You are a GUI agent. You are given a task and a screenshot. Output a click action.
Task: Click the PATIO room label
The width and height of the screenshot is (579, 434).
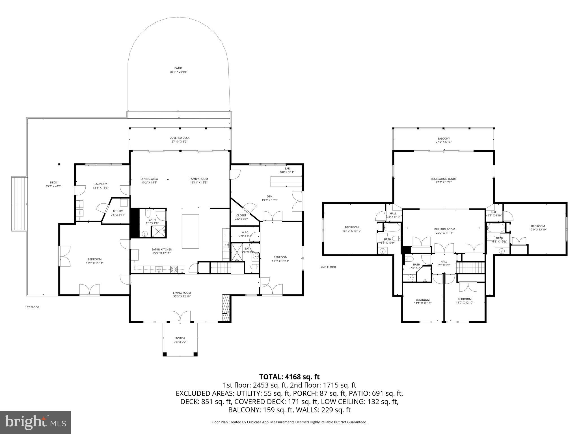(178, 68)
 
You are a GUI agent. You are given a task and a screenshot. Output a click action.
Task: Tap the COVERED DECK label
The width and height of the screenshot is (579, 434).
(180, 138)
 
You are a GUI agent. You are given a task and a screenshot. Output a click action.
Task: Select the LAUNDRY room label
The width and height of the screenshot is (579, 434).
(101, 184)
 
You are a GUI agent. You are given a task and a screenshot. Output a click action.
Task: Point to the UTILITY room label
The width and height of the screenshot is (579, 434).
(118, 211)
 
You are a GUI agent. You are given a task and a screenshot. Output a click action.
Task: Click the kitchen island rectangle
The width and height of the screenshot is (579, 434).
(190, 231)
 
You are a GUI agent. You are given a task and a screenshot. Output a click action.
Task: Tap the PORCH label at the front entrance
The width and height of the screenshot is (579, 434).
(180, 338)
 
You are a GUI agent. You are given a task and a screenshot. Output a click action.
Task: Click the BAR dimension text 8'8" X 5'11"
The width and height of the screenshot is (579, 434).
(287, 172)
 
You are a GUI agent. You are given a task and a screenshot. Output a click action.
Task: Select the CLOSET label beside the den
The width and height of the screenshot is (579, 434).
(241, 215)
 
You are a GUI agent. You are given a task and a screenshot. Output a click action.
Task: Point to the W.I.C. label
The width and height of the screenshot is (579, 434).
(245, 232)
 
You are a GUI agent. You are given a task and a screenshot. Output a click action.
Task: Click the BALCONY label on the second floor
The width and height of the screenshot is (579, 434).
(444, 138)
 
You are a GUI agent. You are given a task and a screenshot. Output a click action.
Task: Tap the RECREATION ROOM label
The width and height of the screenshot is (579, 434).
(444, 179)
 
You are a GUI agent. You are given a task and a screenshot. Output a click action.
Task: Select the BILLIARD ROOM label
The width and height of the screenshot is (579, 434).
(445, 229)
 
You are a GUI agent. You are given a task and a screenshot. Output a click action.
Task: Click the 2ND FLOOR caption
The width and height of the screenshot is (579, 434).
(328, 267)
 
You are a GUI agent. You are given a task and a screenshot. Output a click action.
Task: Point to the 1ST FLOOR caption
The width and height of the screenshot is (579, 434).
(33, 307)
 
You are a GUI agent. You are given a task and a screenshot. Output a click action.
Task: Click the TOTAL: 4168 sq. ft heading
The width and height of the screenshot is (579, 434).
(289, 377)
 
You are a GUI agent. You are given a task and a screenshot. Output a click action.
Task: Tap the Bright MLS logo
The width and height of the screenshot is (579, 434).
(35, 422)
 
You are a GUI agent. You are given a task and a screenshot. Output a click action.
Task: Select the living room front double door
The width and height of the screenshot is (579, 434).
(180, 316)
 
